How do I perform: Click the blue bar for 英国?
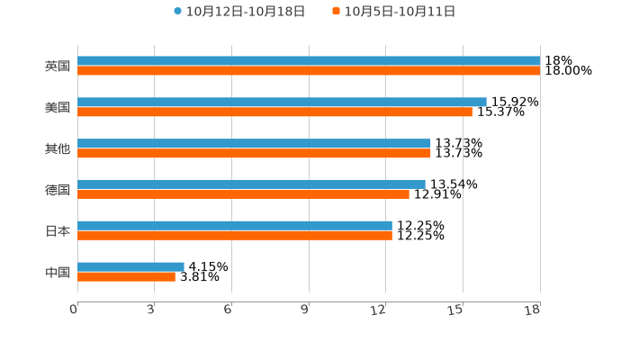309,61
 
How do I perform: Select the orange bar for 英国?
309,71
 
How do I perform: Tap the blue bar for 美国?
282,103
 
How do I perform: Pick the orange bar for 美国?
274,112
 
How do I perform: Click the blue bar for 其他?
254,144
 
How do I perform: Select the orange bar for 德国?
243,194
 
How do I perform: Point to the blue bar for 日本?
235,226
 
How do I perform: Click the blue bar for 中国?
130,266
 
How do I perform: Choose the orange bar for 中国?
126,276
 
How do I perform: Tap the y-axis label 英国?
58,67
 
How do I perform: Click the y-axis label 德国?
58,190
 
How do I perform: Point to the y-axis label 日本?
58,231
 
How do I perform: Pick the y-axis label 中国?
58,272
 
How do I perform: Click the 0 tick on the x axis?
74,310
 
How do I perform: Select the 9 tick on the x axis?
305,310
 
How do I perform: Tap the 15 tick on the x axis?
456,310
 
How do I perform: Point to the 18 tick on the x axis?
533,310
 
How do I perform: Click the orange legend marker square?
337,12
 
